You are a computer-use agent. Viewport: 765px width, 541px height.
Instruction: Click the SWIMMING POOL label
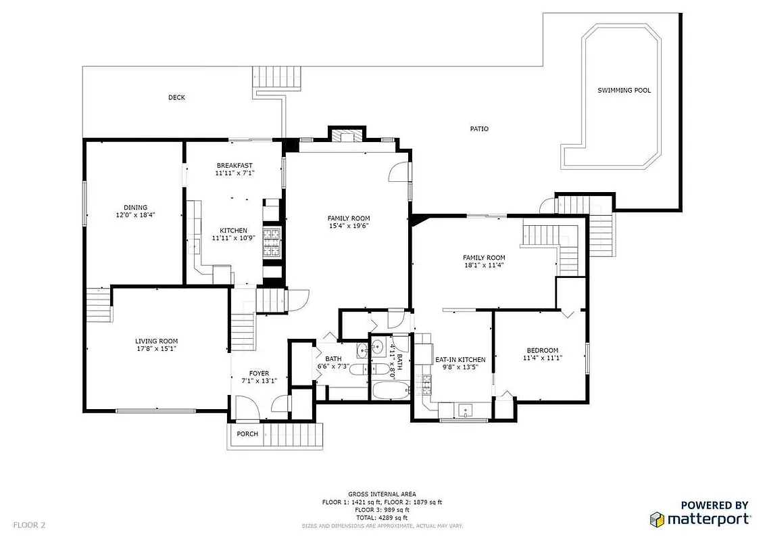624,90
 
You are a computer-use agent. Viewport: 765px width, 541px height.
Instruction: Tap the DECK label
176,97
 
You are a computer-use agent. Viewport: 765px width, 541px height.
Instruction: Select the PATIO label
479,128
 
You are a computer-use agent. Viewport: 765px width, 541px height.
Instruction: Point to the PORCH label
247,433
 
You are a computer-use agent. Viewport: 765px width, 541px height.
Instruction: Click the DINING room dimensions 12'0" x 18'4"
135,215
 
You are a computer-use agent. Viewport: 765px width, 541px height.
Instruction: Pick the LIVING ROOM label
156,341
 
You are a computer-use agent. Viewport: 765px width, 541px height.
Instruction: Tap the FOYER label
259,373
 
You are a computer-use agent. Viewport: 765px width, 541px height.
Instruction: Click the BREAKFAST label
235,166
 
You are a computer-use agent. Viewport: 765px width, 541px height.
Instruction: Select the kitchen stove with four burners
272,244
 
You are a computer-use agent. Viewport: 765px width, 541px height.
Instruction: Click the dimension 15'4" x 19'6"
349,226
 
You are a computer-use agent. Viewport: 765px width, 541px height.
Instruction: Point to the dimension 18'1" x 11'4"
484,265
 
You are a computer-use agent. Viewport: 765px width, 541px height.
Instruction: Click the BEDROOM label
543,350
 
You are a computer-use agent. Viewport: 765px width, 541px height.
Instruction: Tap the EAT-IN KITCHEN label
460,360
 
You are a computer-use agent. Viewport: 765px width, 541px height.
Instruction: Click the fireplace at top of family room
347,135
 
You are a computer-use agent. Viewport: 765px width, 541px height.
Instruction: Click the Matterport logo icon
656,519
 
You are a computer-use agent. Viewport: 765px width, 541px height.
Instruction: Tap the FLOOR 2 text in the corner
29,525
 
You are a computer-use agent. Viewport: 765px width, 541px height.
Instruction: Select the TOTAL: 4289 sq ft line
382,517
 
